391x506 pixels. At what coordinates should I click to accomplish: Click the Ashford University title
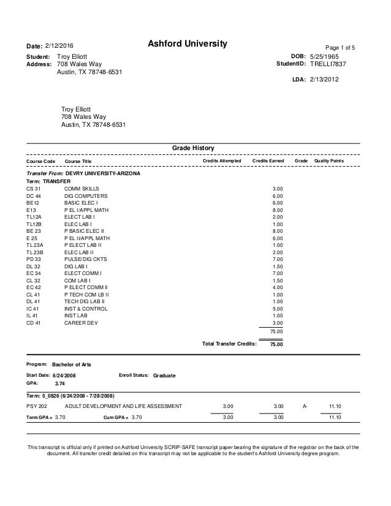[x=188, y=45]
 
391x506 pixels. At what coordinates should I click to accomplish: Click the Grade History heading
[x=193, y=147]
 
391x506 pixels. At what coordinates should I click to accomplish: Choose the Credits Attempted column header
[x=222, y=161]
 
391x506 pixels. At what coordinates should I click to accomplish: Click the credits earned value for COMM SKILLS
[x=277, y=189]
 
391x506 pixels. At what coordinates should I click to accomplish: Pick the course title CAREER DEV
[x=81, y=323]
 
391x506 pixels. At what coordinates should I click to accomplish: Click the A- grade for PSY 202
[x=306, y=406]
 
